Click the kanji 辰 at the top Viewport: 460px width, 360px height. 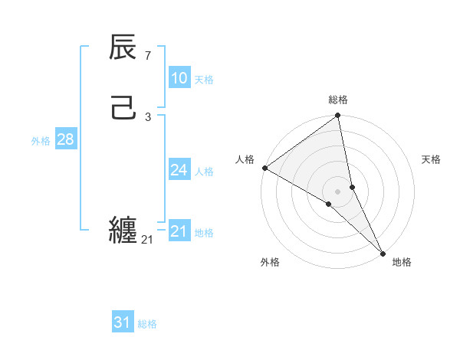click(x=123, y=47)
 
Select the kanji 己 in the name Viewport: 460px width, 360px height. click(x=123, y=107)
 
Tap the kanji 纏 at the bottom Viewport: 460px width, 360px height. click(x=123, y=229)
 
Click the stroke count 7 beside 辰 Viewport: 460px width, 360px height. click(x=147, y=55)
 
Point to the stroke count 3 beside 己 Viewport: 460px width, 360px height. click(x=147, y=116)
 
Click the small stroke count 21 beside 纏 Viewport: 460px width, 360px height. click(x=147, y=240)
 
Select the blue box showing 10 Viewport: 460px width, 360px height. click(x=179, y=78)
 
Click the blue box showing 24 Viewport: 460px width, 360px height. click(x=179, y=170)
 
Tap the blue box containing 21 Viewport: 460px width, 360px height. click(x=179, y=231)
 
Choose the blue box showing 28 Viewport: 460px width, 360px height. click(x=65, y=139)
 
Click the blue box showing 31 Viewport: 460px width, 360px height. click(x=123, y=322)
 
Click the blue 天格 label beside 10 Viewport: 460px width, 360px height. click(x=203, y=80)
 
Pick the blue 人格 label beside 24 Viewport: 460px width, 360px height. click(x=203, y=172)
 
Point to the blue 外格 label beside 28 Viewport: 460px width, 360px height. click(x=41, y=141)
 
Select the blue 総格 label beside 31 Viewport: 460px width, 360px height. click(x=147, y=324)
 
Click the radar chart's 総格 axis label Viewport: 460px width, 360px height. click(x=338, y=100)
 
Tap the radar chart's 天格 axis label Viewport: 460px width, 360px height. click(x=432, y=159)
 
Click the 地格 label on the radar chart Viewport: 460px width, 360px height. click(x=402, y=262)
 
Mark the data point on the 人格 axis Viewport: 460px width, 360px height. click(x=264, y=168)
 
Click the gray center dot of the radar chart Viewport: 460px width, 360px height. click(x=338, y=191)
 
